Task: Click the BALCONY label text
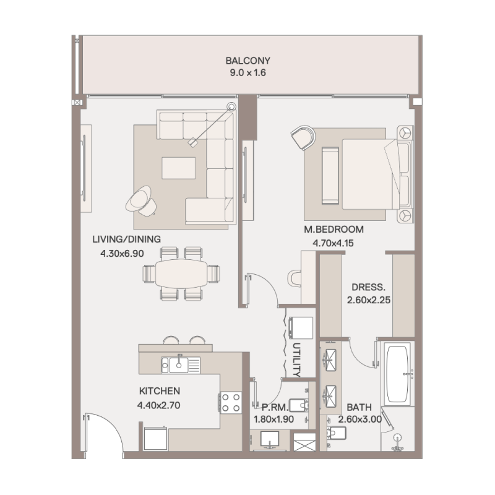(x=248, y=61)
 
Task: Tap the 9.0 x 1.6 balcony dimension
(x=248, y=73)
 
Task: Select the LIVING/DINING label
(x=126, y=239)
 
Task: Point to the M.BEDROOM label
(x=334, y=230)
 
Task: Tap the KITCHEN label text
(x=159, y=391)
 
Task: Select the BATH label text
(x=359, y=407)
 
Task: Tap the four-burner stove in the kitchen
(x=231, y=403)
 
